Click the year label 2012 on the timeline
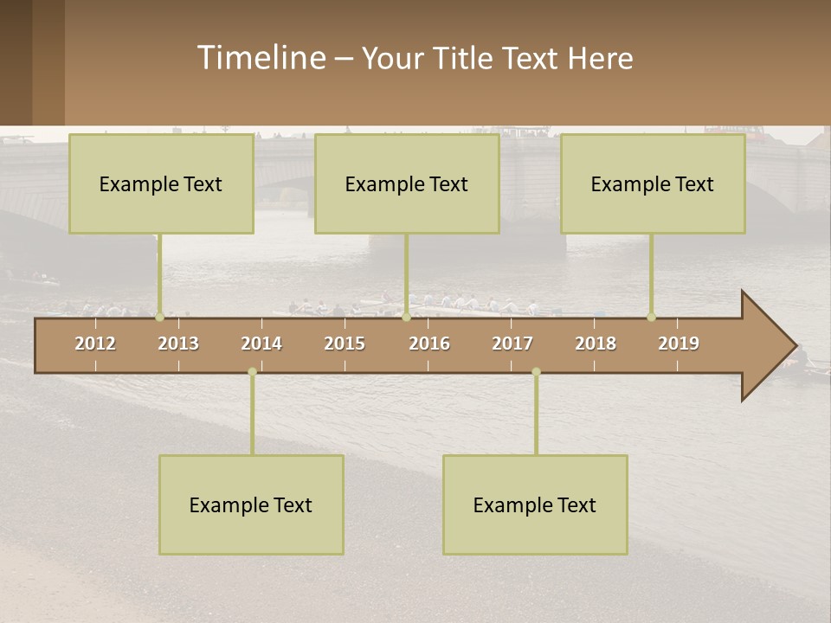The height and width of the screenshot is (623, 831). (95, 344)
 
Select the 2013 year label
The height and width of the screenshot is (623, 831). (178, 344)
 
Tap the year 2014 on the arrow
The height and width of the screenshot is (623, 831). (261, 344)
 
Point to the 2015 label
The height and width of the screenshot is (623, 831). (345, 344)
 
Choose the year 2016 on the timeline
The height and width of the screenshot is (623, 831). (429, 344)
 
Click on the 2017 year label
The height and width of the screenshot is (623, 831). (512, 344)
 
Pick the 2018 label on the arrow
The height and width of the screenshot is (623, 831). (596, 344)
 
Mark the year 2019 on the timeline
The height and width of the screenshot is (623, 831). (679, 344)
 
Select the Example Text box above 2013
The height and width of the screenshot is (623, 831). (161, 183)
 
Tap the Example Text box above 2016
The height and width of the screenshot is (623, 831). (407, 183)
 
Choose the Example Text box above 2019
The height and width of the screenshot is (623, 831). (653, 183)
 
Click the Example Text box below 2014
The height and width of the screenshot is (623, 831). (251, 504)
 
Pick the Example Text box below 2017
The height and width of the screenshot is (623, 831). (535, 504)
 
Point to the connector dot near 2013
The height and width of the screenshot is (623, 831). (159, 317)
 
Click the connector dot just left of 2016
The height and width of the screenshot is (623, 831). (407, 317)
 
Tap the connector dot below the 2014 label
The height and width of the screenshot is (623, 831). (252, 372)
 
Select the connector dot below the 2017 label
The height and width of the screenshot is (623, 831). (536, 372)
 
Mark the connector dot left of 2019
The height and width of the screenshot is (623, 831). (652, 317)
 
